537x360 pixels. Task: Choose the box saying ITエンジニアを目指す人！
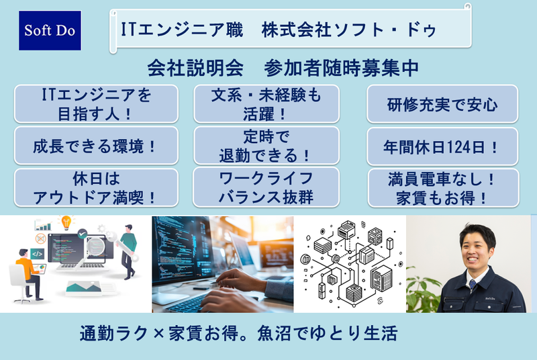95,104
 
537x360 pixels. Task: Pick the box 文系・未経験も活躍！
266,104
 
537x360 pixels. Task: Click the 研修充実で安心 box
442,104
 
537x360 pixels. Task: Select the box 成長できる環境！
95,145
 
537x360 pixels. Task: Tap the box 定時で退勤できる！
266,145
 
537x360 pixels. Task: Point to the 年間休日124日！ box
442,145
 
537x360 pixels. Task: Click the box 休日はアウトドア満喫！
95,187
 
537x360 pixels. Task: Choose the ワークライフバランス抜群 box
266,187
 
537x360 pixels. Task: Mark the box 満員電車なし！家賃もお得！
442,187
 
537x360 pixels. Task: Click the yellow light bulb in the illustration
66,222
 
